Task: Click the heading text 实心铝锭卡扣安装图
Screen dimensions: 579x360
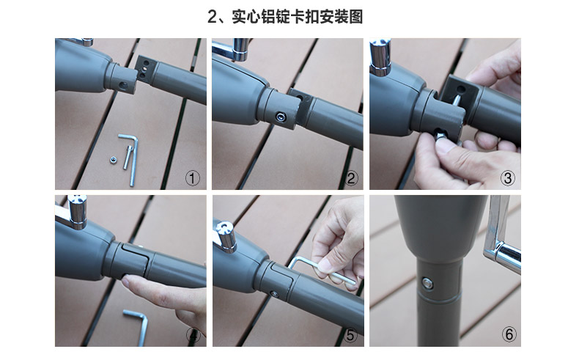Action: (x=298, y=17)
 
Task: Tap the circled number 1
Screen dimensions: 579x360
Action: (x=192, y=178)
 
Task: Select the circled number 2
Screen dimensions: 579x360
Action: (x=351, y=178)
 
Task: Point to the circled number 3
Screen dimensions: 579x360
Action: (x=508, y=178)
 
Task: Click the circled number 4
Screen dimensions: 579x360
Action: (x=193, y=335)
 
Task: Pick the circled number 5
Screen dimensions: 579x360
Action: (x=350, y=335)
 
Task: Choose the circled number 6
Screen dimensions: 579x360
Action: (x=509, y=334)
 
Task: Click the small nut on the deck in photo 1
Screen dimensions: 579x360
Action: (x=114, y=160)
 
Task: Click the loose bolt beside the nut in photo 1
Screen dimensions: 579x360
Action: (x=127, y=158)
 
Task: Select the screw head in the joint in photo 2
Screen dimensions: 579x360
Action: (x=281, y=117)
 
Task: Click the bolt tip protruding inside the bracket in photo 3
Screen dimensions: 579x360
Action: (x=456, y=100)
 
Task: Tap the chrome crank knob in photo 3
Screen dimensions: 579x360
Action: (x=380, y=56)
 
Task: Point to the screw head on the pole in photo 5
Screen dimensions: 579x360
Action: (x=274, y=294)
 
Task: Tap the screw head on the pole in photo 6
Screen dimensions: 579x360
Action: (x=427, y=284)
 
